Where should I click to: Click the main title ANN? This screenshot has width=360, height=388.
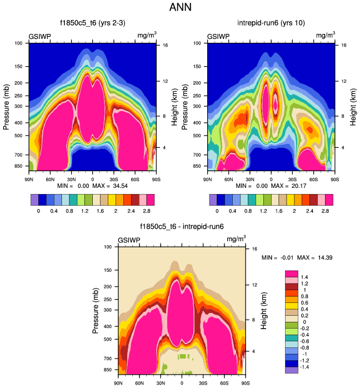180,8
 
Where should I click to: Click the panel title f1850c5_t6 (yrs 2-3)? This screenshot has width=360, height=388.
92,23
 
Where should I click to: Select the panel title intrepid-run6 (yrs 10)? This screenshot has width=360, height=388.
271,23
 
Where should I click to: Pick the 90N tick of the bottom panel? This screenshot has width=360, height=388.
118,383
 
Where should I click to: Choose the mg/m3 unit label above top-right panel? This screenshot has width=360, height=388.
325,36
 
